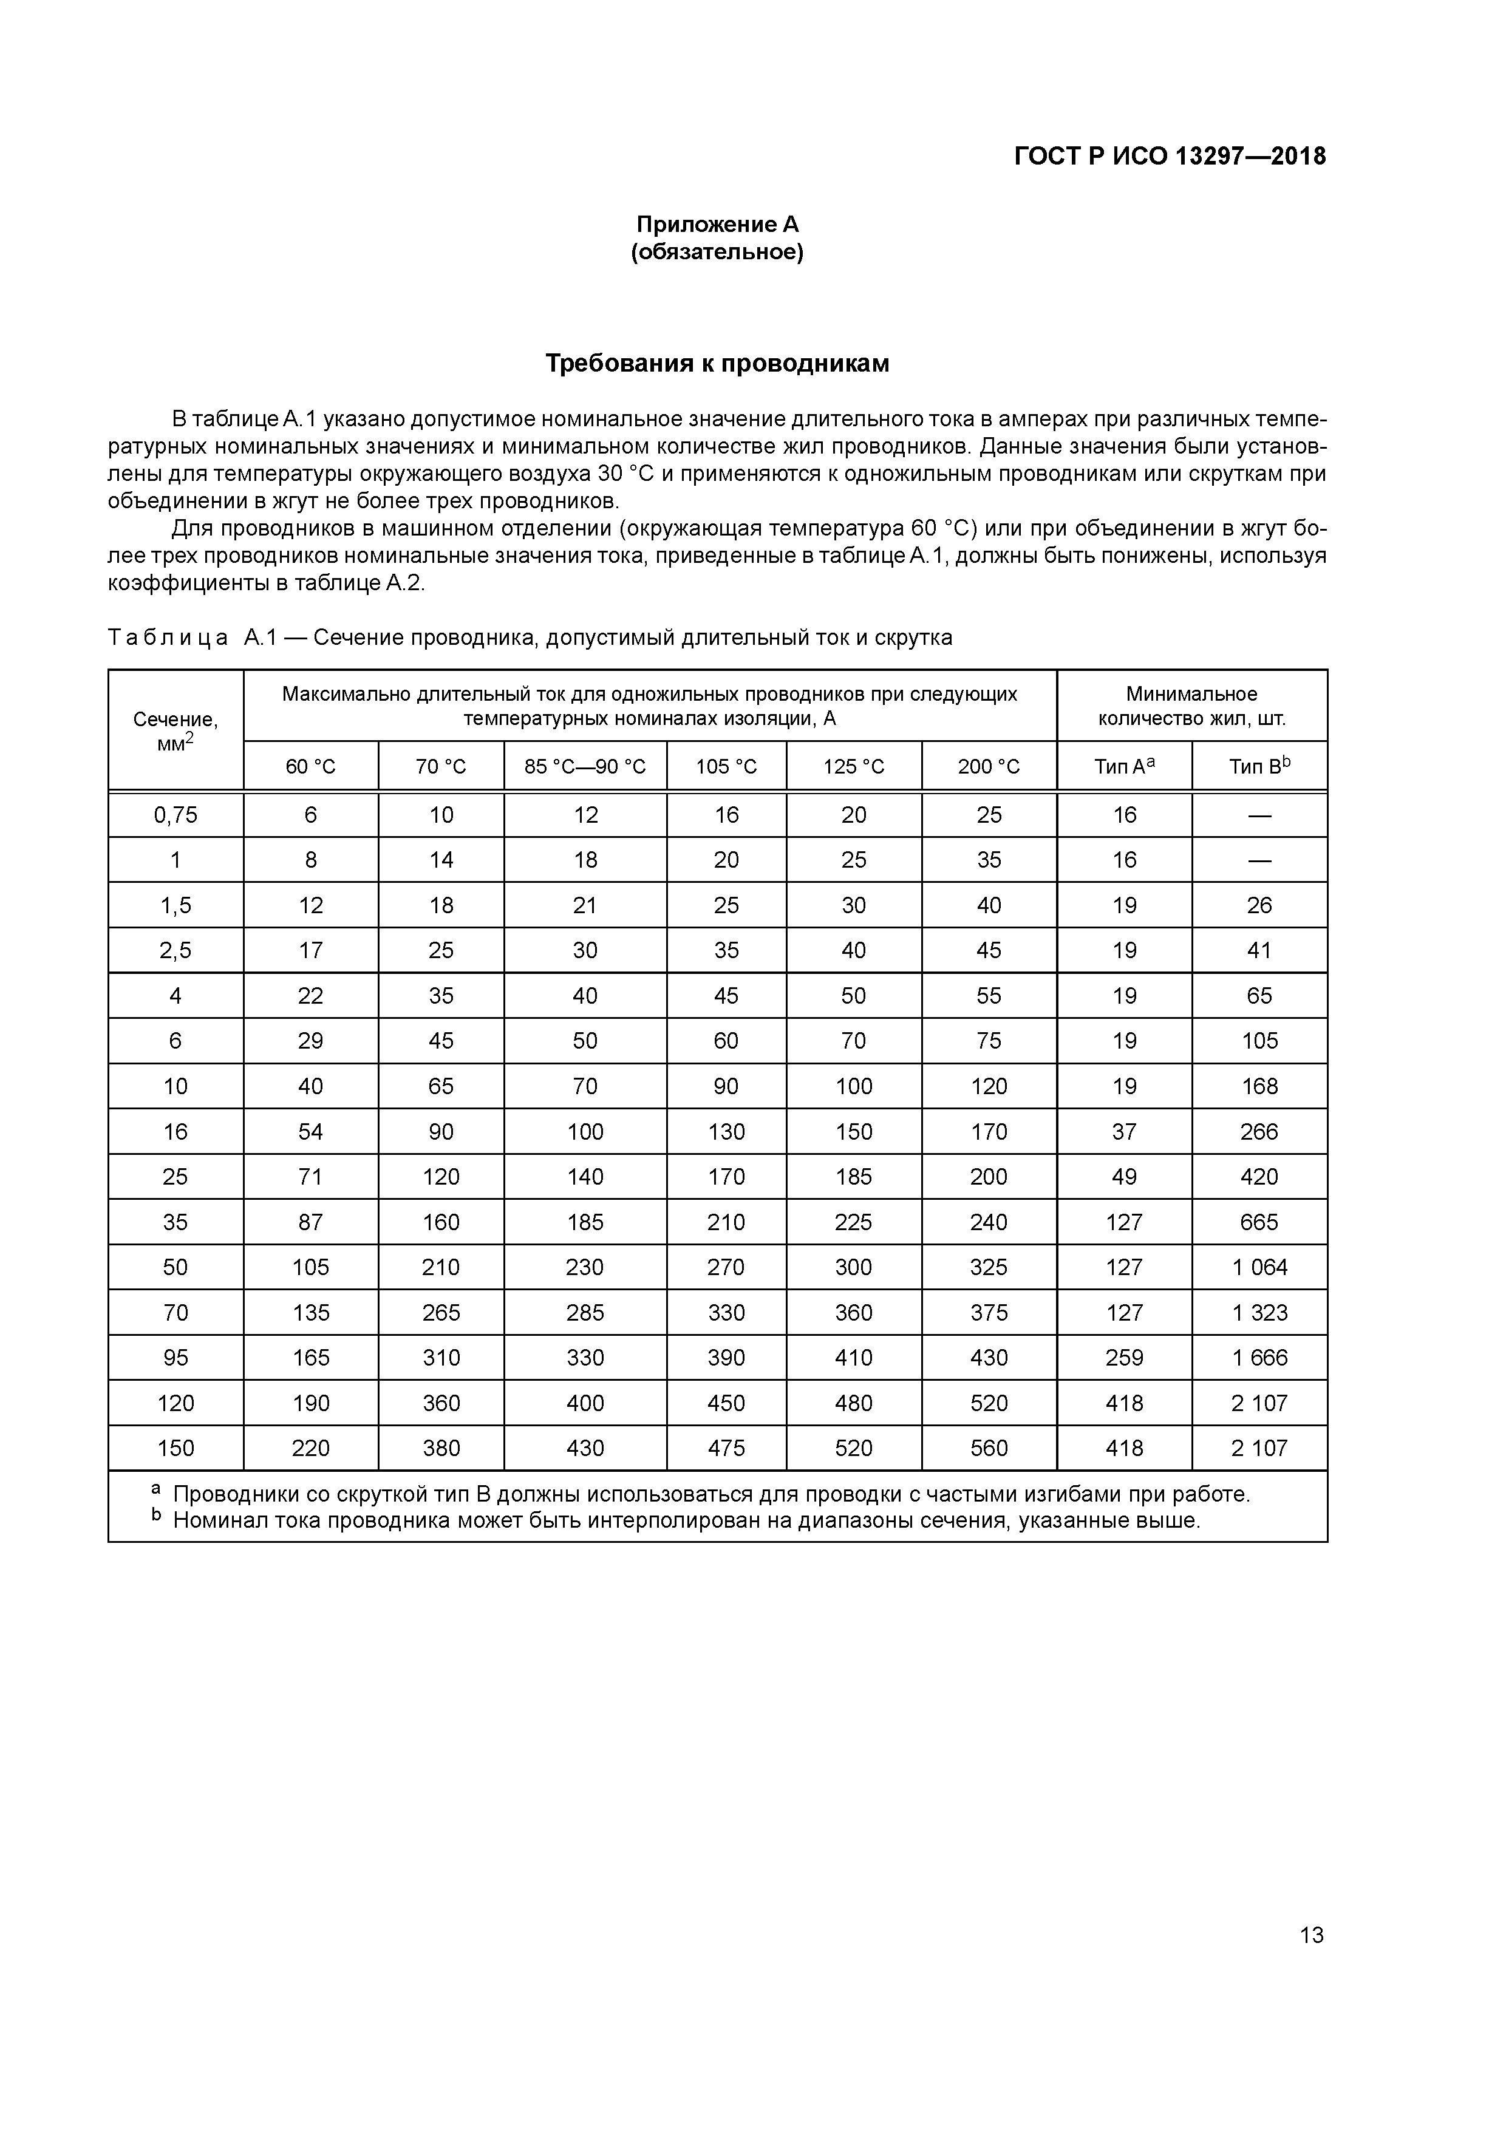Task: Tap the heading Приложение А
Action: tap(717, 225)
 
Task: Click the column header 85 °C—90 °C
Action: tap(585, 766)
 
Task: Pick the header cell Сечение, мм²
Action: tap(175, 729)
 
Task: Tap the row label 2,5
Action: tap(175, 950)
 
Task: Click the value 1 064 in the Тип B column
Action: tap(1259, 1267)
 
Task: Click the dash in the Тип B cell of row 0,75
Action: tap(1259, 815)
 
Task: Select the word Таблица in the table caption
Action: tap(168, 638)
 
